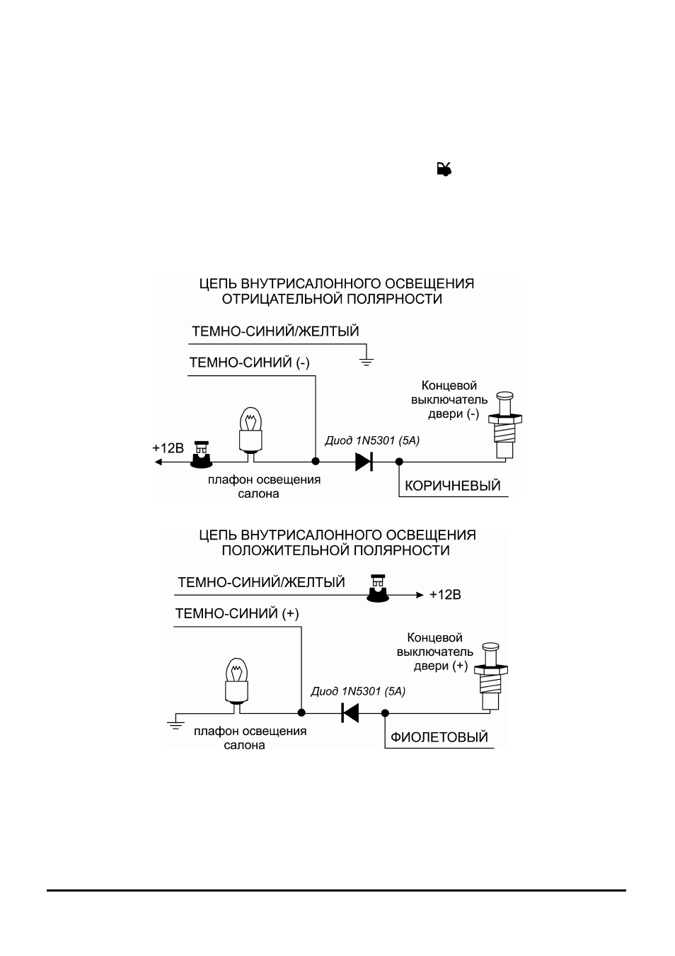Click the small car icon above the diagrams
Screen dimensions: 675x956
coord(444,169)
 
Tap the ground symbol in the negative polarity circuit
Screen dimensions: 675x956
coord(367,361)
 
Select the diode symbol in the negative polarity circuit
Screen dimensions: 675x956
coord(364,461)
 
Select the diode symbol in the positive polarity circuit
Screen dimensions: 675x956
coord(350,712)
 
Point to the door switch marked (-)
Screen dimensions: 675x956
coord(505,426)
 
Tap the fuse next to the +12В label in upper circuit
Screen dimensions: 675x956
coord(201,455)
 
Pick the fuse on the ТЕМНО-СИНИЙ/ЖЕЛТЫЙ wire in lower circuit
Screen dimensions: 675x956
coord(379,588)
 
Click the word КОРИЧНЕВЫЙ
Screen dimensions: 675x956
coord(452,486)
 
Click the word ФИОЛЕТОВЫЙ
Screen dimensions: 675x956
coord(439,737)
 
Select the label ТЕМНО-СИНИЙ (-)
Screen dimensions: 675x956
coord(250,363)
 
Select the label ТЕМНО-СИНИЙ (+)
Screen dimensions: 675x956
coord(237,614)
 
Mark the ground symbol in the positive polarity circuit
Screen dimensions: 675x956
coord(175,724)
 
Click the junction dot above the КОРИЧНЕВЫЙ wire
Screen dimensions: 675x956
coord(399,461)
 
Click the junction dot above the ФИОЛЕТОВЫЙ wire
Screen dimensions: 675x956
coord(385,712)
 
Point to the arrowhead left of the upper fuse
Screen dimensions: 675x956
coord(158,462)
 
